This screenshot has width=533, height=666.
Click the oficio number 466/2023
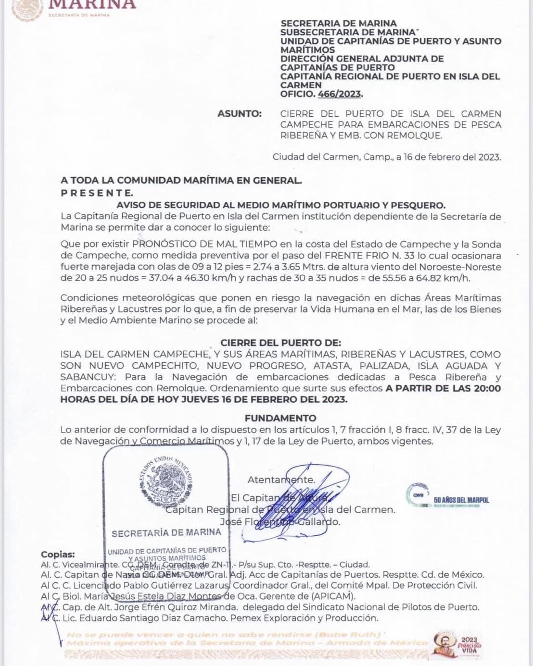point(339,94)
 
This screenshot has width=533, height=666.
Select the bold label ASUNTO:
point(240,114)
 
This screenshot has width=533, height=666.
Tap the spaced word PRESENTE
point(97,193)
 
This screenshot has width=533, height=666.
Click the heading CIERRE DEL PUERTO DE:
point(280,343)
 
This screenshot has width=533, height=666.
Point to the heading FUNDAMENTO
point(280,418)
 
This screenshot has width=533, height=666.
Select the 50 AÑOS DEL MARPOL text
point(461,500)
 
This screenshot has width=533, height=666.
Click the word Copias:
point(58,554)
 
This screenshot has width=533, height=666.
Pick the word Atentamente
point(281,480)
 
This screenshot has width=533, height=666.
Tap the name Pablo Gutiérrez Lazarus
point(176,585)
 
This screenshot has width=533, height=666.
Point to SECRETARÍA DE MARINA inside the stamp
point(166,533)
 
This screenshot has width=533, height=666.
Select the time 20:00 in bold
point(487,388)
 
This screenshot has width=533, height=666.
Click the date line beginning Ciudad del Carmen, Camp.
point(386,157)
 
